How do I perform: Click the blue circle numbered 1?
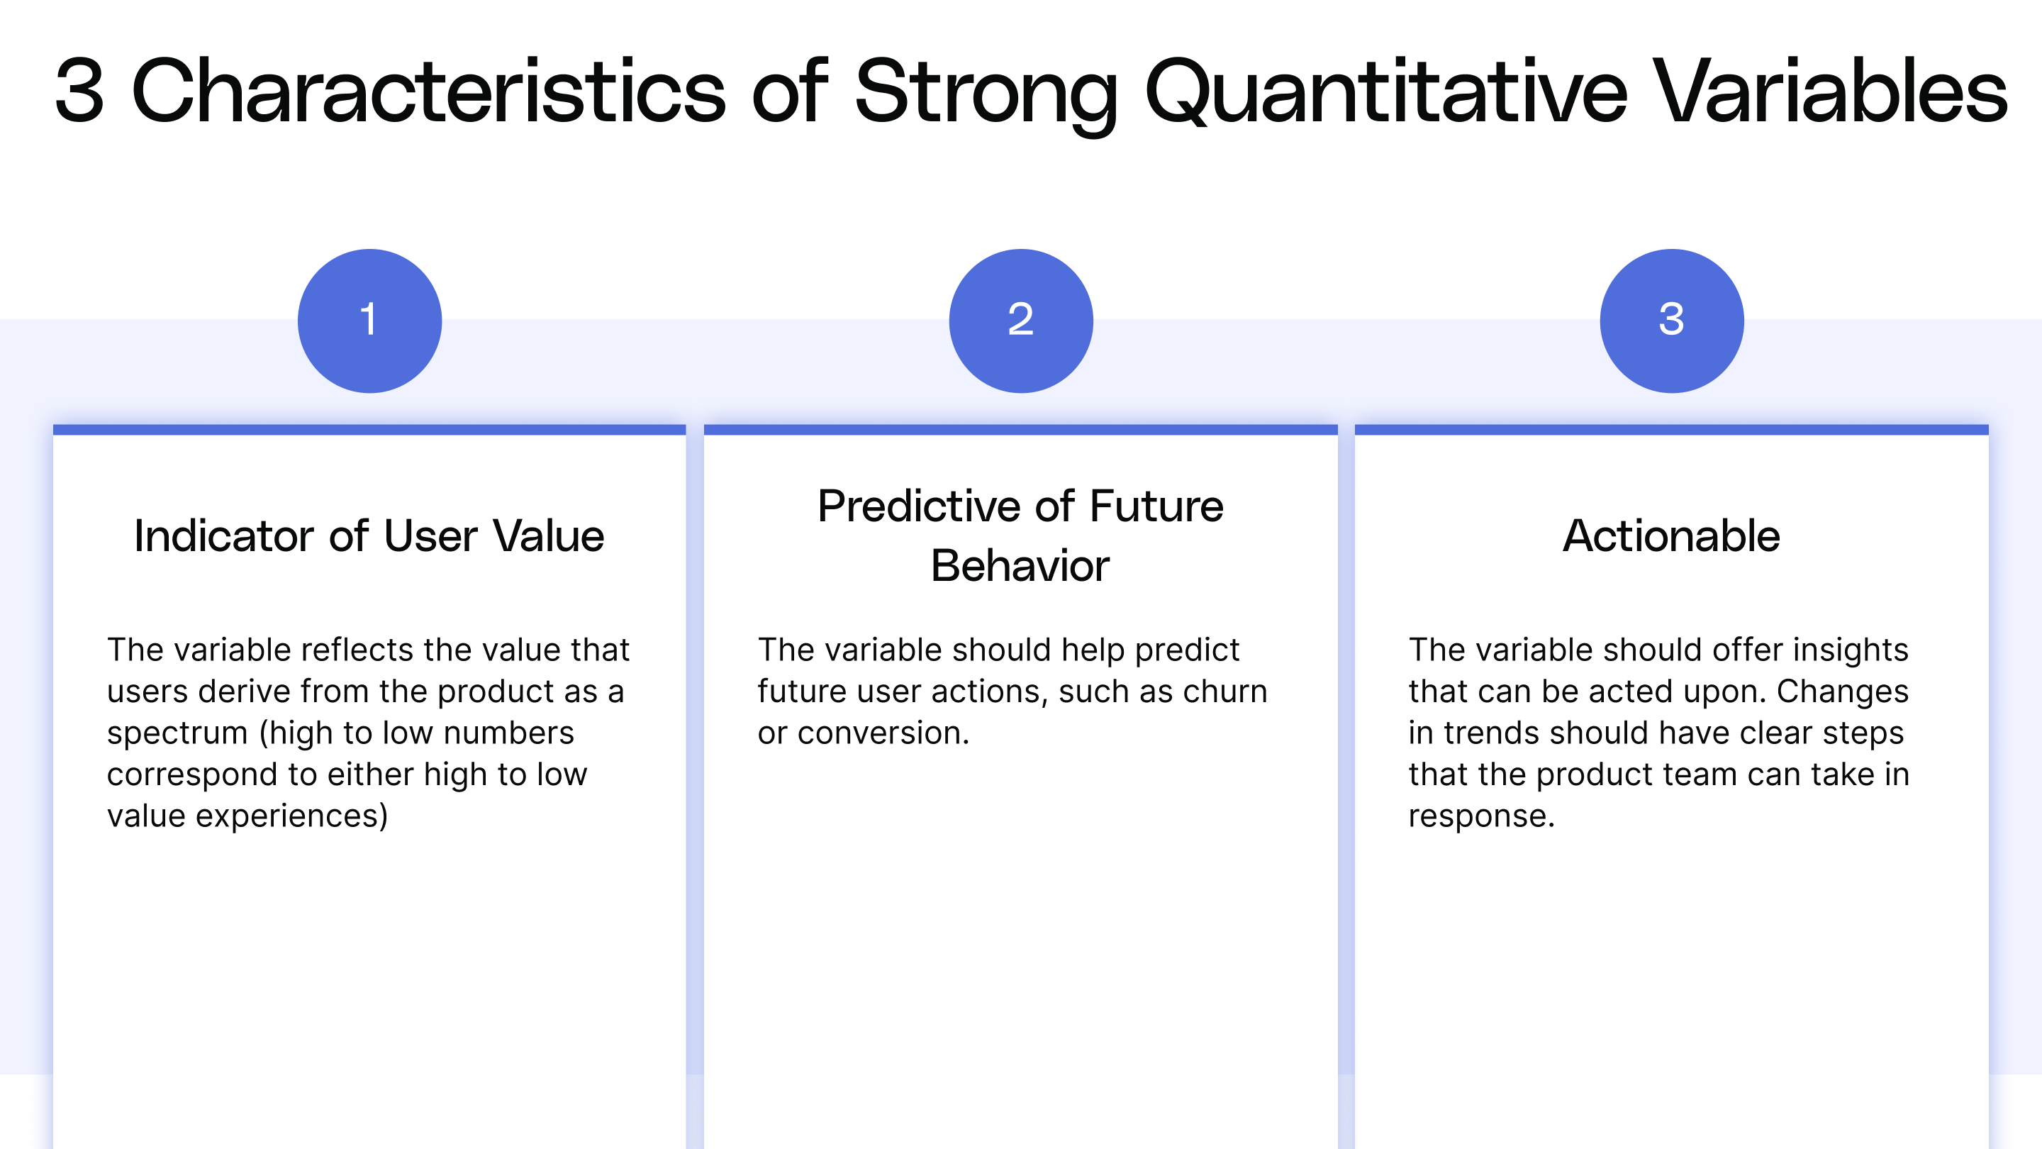coord(369,321)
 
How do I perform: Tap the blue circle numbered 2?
coord(1020,321)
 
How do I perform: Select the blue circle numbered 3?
coord(1671,321)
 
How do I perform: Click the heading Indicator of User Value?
coord(369,536)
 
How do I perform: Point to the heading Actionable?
coord(1671,536)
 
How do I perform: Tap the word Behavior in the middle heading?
coord(1020,566)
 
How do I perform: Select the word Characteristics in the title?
coord(428,92)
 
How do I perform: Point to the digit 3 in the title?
coord(79,92)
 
